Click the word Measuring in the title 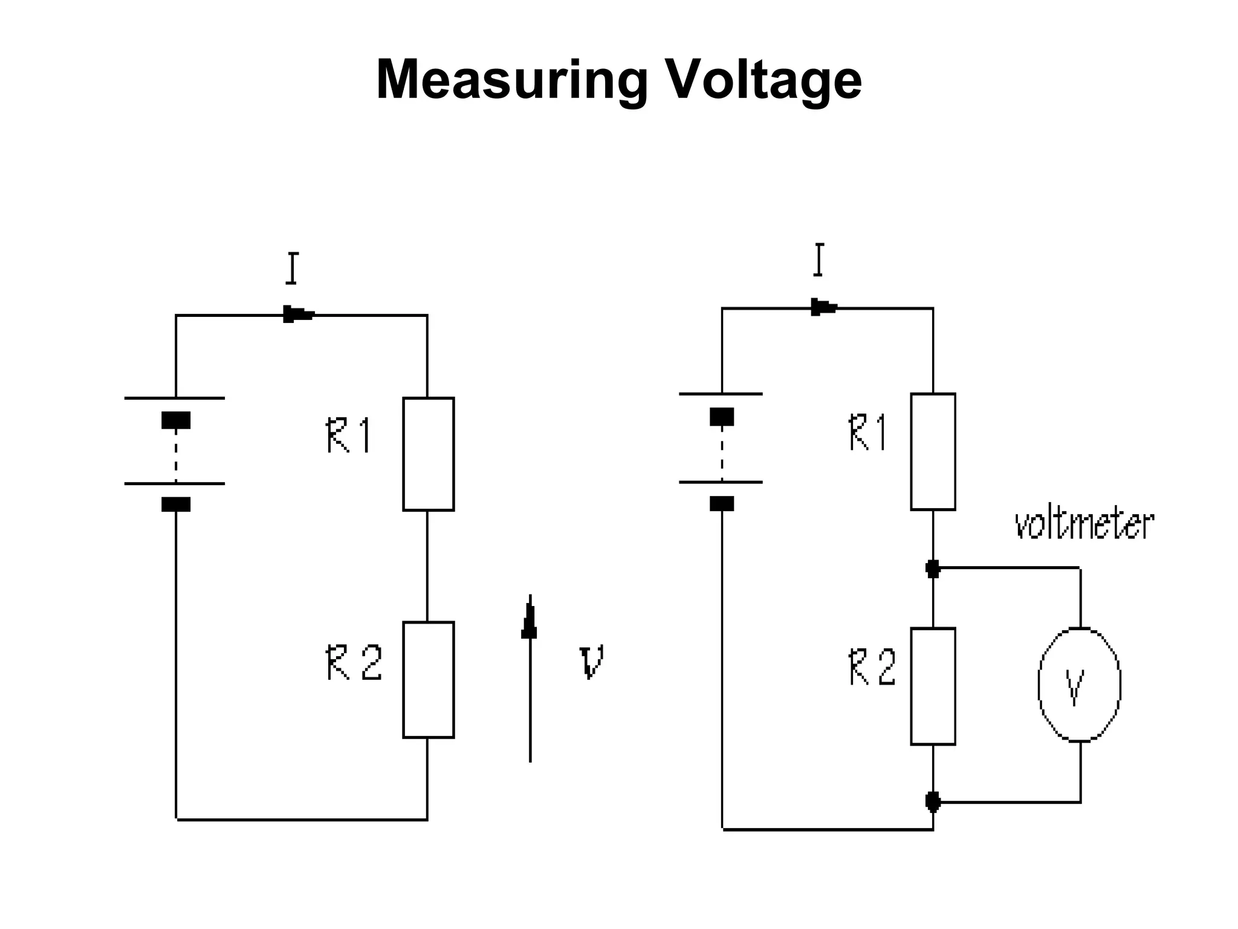(x=511, y=80)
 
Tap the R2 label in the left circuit (x=354, y=663)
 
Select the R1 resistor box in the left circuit (x=428, y=454)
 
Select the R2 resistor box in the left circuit (x=428, y=679)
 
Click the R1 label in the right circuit (x=868, y=432)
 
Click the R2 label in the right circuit (x=872, y=667)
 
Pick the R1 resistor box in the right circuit (x=933, y=451)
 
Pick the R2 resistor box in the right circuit (x=933, y=686)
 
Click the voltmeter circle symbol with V (x=1079, y=684)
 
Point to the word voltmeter (x=1084, y=524)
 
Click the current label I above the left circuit (x=292, y=269)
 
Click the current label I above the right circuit (x=818, y=260)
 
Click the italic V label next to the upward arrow (x=591, y=662)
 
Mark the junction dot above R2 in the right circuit (x=933, y=569)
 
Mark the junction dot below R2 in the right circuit (x=933, y=802)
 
